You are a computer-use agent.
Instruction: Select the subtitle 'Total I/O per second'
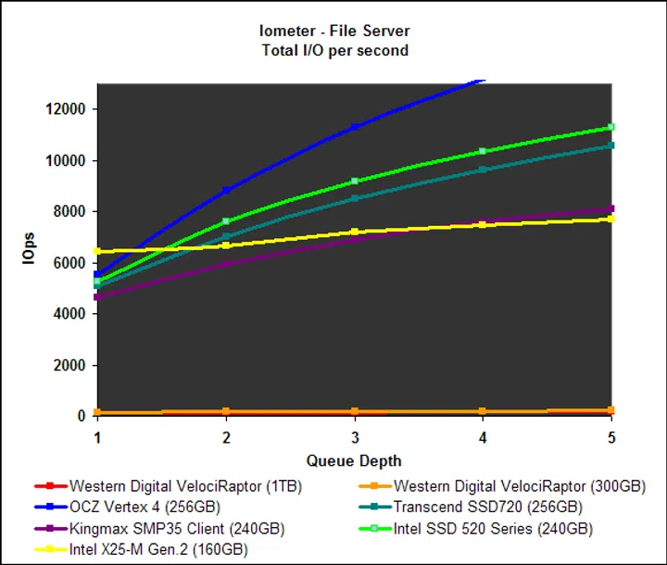(x=334, y=50)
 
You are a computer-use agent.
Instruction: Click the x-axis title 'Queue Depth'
(x=354, y=460)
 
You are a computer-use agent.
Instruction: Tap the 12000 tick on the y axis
(x=66, y=109)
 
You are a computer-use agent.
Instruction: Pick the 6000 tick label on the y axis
(x=69, y=263)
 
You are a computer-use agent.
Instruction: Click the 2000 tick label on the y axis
(x=69, y=365)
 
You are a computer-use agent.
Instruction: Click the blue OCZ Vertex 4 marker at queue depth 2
(x=225, y=190)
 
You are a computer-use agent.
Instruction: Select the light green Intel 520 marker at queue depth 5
(x=611, y=127)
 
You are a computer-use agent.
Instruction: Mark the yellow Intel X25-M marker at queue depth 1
(x=97, y=251)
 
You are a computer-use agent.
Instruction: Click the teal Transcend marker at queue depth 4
(x=483, y=169)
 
